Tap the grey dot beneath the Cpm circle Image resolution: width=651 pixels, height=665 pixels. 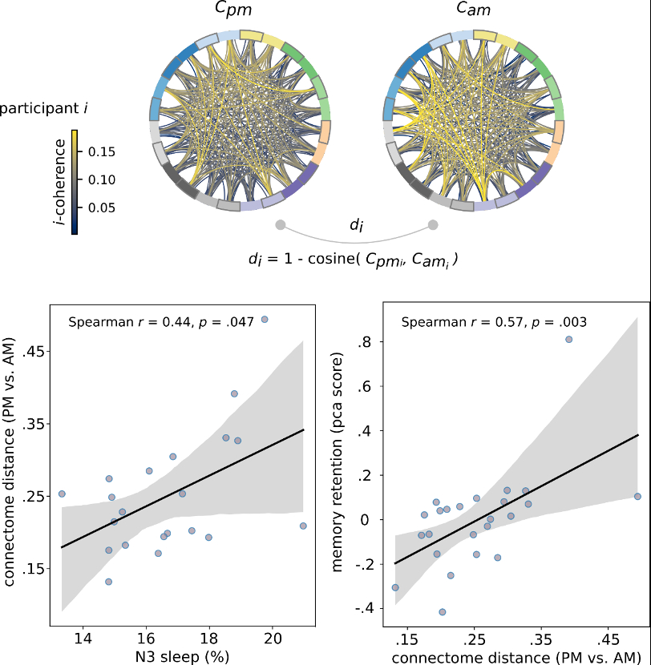280,225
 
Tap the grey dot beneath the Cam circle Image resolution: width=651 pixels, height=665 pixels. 434,225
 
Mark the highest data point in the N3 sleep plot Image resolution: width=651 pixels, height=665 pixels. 265,319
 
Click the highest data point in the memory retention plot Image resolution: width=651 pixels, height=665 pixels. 568,339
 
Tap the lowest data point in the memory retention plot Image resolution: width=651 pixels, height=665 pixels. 442,611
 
